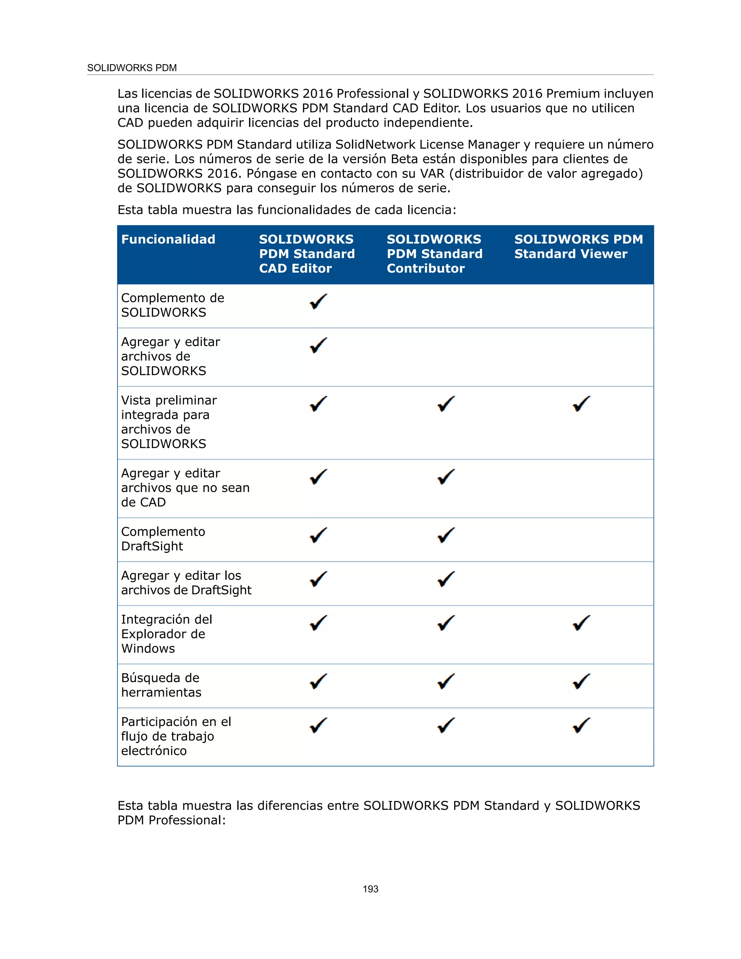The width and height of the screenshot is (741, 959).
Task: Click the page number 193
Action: (x=370, y=889)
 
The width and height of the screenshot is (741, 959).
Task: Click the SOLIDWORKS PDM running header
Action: (x=132, y=68)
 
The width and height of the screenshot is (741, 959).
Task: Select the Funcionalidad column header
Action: (x=168, y=239)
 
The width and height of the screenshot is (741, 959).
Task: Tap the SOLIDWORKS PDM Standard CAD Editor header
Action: (x=306, y=254)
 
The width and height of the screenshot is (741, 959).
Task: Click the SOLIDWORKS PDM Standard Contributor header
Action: (x=434, y=254)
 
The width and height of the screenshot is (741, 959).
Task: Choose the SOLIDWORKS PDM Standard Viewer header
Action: (x=578, y=246)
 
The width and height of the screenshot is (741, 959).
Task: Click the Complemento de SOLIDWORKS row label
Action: (x=172, y=305)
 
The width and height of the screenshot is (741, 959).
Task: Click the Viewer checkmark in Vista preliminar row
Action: (x=581, y=404)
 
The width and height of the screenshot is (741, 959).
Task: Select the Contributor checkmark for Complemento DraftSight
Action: (x=446, y=535)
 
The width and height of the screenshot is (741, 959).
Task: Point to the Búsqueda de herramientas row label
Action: (x=161, y=685)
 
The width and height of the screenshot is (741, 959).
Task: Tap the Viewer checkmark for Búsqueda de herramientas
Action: (x=581, y=681)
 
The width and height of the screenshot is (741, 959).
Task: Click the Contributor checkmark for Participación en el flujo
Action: (x=446, y=725)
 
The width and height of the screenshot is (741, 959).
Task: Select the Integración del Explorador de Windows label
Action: (x=166, y=634)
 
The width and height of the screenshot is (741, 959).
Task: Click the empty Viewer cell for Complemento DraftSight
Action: (x=581, y=539)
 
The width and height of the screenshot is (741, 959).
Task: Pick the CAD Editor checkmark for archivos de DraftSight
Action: (x=318, y=579)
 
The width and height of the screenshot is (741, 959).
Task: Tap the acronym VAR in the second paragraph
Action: (x=432, y=173)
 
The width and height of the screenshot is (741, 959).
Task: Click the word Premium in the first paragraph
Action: (x=572, y=93)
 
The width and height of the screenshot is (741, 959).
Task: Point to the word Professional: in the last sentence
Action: (x=187, y=820)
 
